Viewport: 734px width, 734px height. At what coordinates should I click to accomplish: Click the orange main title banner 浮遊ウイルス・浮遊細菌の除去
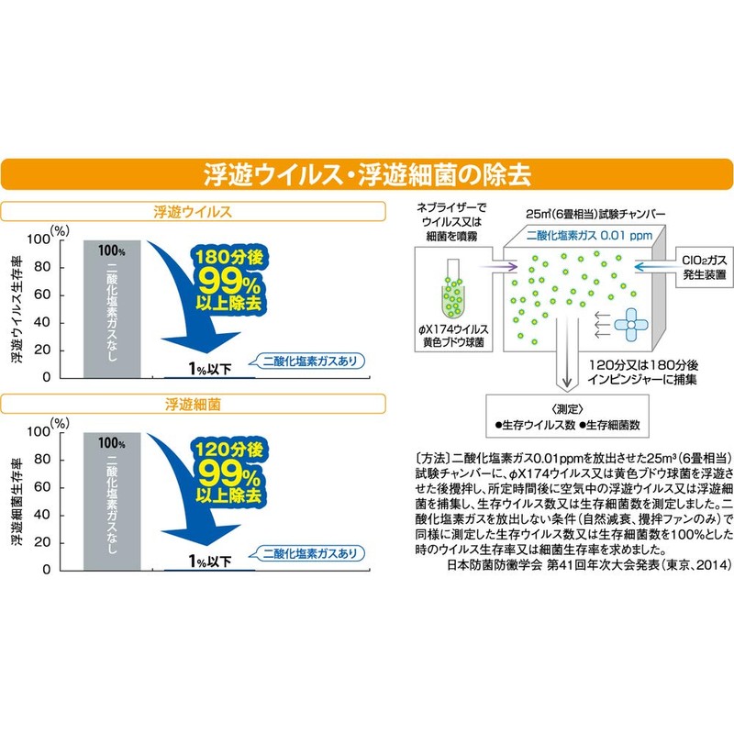[367, 174]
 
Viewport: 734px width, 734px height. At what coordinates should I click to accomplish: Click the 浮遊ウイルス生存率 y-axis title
[17, 309]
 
